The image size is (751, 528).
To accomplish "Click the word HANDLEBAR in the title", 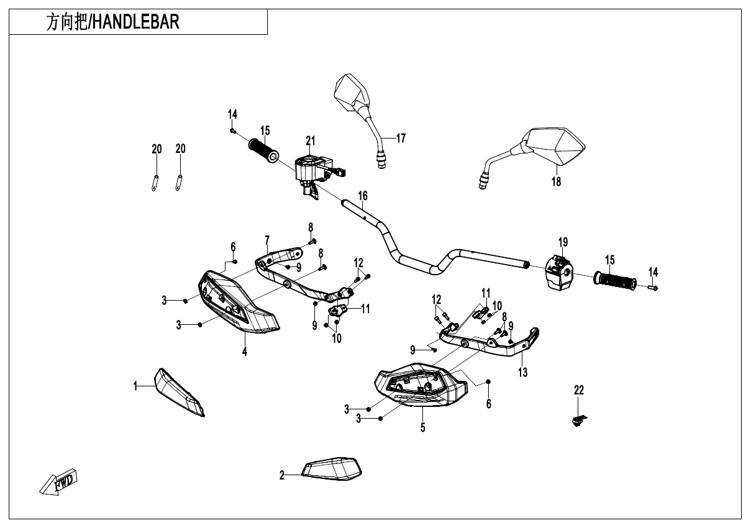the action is pos(135,22).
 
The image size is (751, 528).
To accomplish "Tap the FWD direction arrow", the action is pos(58,482).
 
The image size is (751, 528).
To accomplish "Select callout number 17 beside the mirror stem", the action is pos(401,138).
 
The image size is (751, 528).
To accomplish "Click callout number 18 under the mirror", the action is pos(556,181).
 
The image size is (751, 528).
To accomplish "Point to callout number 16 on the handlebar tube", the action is pos(363,196).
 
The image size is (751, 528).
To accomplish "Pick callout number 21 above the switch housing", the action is pos(311,141).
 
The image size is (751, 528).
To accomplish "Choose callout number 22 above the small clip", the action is pos(579,390).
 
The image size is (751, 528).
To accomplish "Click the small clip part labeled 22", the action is pos(579,420).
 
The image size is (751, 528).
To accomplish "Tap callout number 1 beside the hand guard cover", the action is pos(135,386).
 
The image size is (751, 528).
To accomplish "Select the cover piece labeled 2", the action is pos(332,468).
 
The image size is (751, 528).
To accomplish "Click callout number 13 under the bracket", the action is pos(522,372).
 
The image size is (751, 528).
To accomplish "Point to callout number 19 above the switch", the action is pos(563,242).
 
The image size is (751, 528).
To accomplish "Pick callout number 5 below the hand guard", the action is pos(423,427).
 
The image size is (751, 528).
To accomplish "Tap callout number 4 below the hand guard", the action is pos(245,352).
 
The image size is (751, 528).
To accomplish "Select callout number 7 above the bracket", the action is pos(267,240).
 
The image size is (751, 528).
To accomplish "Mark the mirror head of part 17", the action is pos(352,93).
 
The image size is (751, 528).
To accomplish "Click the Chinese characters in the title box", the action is pos(66,22).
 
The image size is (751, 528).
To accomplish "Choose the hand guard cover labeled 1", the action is pos(179,393).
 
